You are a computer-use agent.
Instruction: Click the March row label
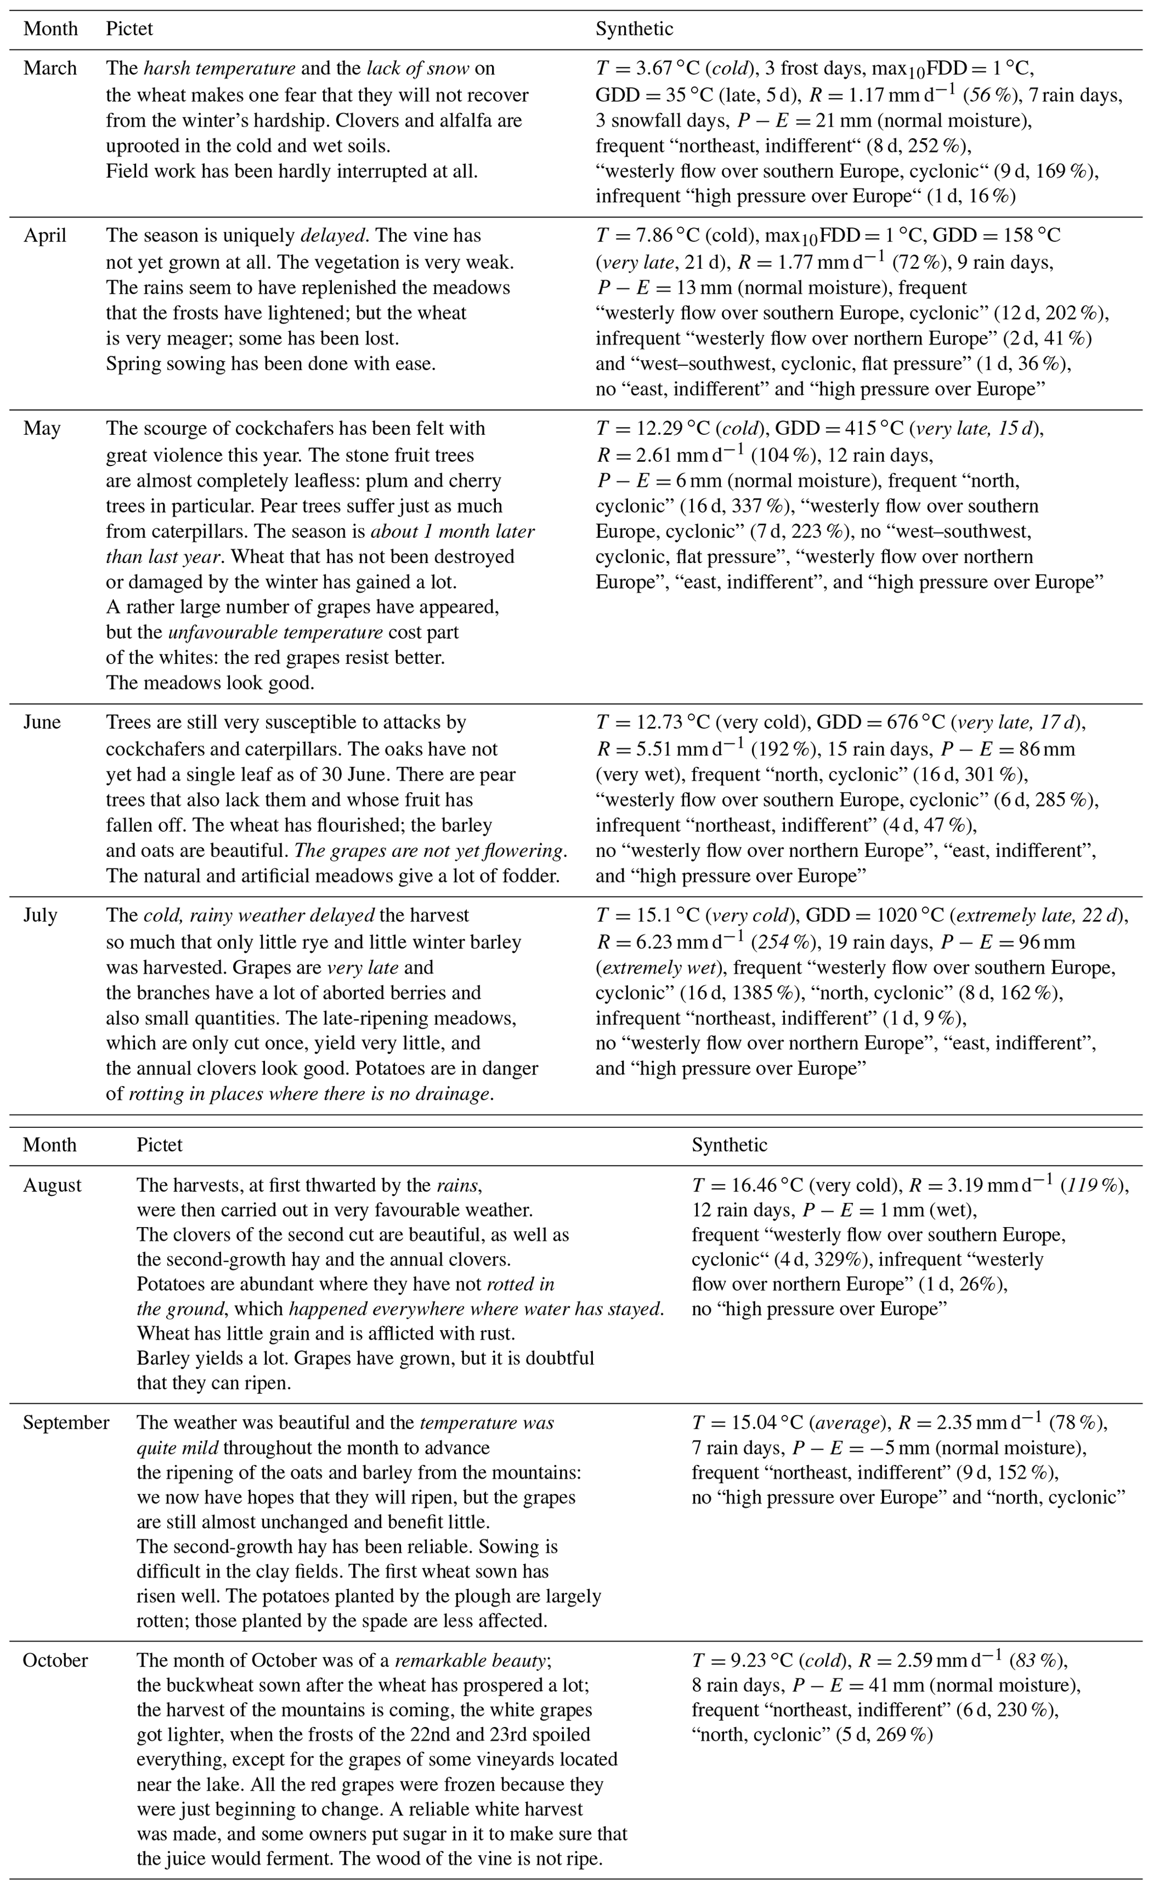50,69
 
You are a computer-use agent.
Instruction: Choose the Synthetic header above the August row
729,1145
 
